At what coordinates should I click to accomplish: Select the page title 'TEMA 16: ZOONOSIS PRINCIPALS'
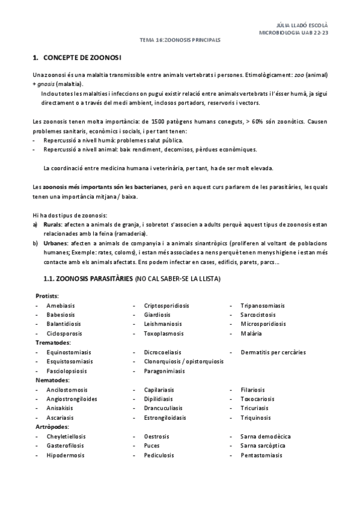(x=180, y=40)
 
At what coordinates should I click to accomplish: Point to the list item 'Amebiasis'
(x=61, y=306)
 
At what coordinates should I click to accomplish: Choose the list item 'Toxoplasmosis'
(x=163, y=333)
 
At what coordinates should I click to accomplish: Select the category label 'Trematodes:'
(x=52, y=342)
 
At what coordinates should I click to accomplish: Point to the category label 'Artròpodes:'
(x=52, y=426)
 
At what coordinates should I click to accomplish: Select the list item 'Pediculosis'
(x=159, y=455)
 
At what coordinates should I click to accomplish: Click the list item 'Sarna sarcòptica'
(x=263, y=446)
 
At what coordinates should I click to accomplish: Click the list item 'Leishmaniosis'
(x=162, y=324)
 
